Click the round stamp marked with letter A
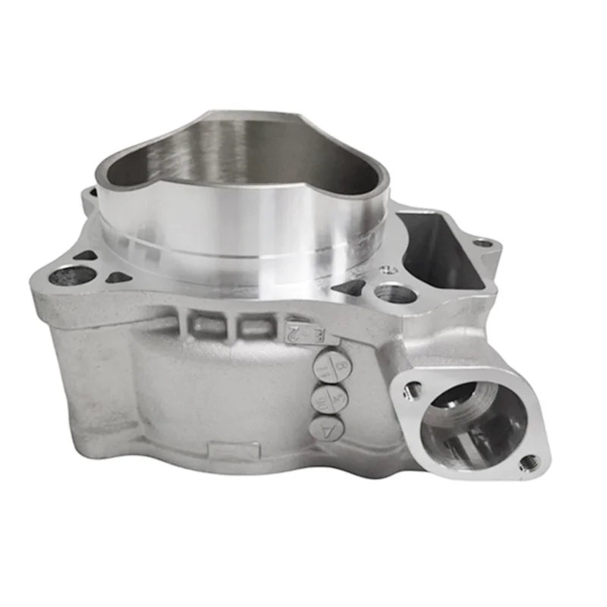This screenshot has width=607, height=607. (x=329, y=429)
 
